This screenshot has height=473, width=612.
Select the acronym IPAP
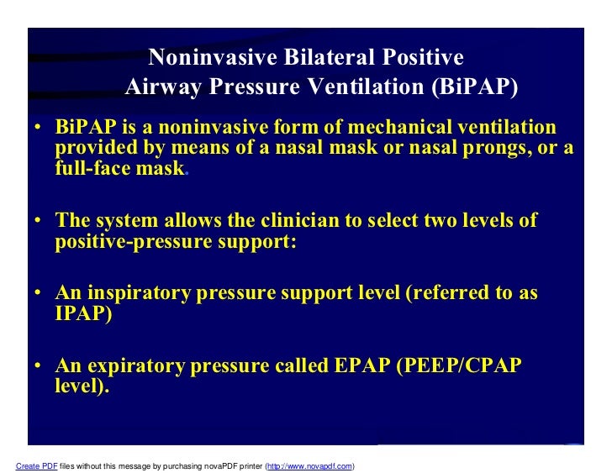pyautogui.click(x=81, y=314)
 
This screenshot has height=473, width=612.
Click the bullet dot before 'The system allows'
pyautogui.click(x=39, y=222)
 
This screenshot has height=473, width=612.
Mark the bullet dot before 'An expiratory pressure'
pyautogui.click(x=39, y=368)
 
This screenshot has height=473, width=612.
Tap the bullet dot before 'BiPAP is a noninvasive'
pyautogui.click(x=39, y=129)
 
